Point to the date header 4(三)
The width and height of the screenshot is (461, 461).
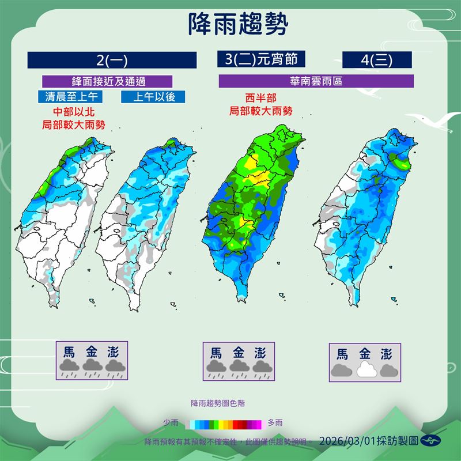[x=377, y=60]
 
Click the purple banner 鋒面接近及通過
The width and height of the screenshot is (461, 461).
[x=100, y=81]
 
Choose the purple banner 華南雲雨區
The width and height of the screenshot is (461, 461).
[x=316, y=81]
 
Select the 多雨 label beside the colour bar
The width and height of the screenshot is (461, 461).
[x=275, y=423]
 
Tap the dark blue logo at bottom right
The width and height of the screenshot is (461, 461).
[x=430, y=441]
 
